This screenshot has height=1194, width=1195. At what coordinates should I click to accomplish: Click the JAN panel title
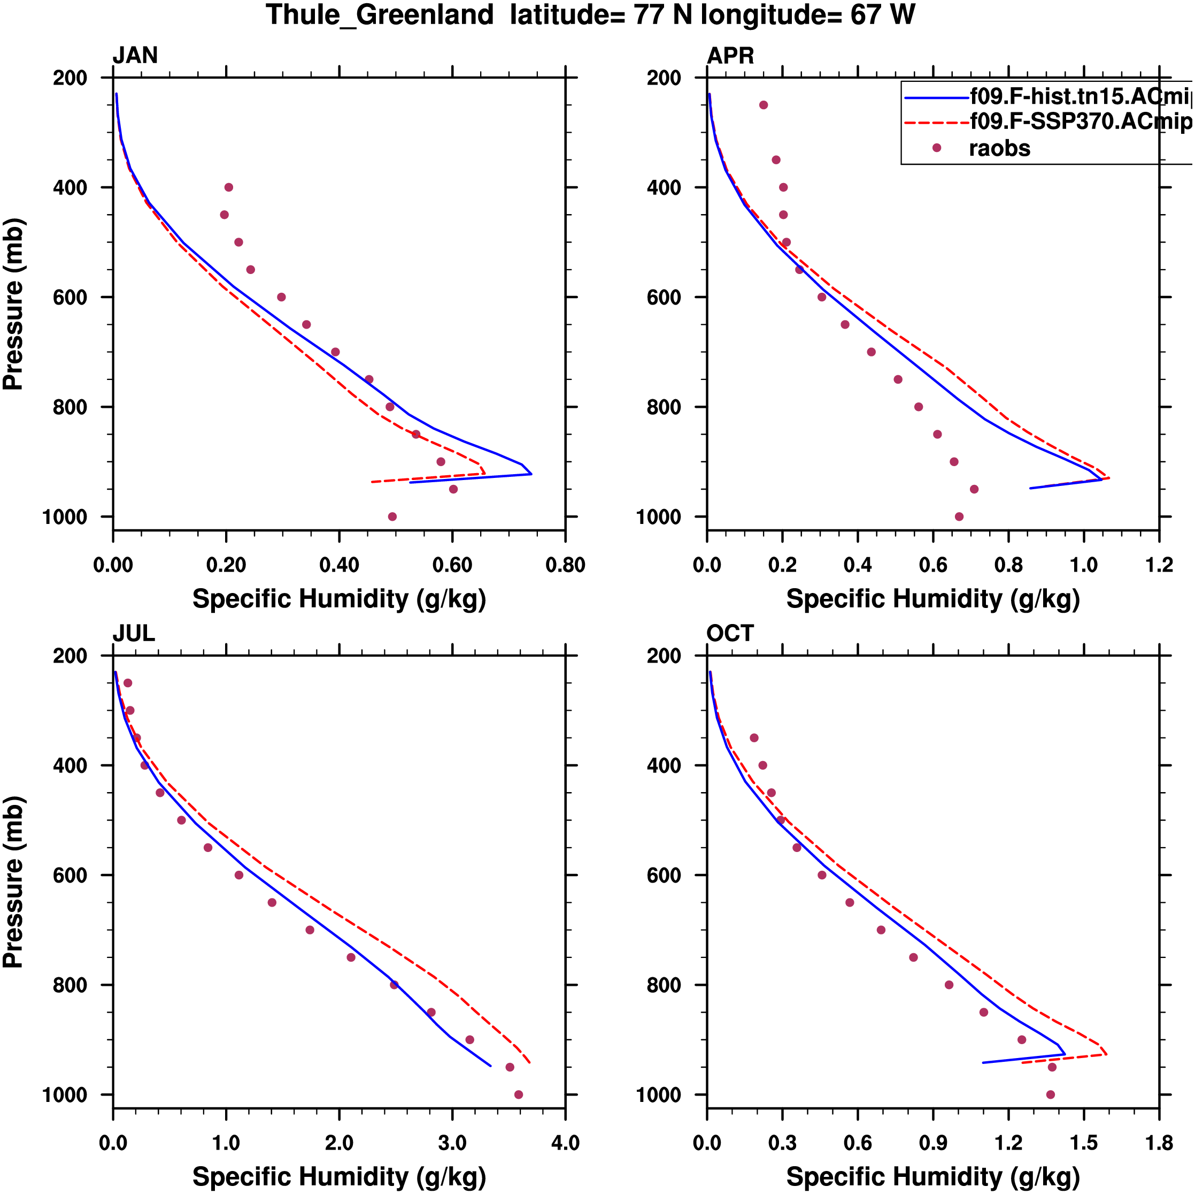[x=135, y=56]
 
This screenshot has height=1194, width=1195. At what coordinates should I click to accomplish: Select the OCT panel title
[x=730, y=633]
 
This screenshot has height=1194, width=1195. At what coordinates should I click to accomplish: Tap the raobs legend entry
[x=999, y=149]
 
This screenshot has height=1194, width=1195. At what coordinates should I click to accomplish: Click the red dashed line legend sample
[x=936, y=123]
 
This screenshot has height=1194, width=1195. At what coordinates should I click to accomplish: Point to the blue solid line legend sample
[x=936, y=98]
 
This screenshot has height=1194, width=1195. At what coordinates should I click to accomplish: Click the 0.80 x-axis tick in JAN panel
[x=565, y=565]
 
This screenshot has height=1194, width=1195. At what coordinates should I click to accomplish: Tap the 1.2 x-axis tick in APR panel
[x=1159, y=565]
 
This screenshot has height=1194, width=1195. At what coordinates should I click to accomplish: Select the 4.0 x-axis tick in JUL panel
[x=565, y=1143]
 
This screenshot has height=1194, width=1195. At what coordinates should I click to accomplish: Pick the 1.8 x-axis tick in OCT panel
[x=1159, y=1143]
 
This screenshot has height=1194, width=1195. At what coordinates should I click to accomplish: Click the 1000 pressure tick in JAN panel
[x=65, y=517]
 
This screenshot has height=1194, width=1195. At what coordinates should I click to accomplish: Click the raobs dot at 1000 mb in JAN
[x=392, y=517]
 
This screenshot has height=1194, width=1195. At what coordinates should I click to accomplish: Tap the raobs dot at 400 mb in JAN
[x=229, y=187]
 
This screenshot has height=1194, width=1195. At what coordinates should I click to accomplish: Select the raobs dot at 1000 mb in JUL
[x=518, y=1095]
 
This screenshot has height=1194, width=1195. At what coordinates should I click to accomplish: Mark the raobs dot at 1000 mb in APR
[x=959, y=517]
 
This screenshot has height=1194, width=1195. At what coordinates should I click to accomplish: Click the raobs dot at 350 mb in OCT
[x=754, y=738]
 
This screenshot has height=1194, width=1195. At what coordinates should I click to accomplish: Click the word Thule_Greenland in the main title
[x=380, y=15]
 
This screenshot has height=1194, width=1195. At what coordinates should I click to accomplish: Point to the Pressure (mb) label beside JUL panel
[x=13, y=881]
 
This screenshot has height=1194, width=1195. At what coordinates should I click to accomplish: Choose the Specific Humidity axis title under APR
[x=933, y=599]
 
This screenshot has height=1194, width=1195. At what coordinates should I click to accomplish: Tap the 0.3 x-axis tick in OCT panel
[x=782, y=1143]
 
